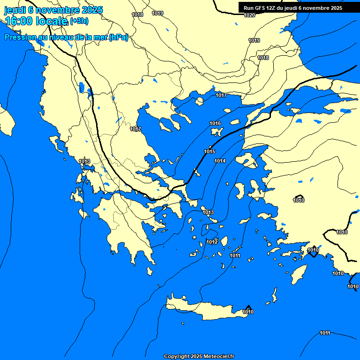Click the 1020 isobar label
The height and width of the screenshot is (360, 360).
click(249, 15)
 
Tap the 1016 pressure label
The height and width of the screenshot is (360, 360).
click(215, 123)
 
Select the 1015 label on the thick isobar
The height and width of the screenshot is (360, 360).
click(210, 151)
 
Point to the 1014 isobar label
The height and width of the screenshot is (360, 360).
click(220, 161)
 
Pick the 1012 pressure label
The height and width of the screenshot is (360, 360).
click(212, 242)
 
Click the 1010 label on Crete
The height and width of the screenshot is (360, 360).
click(248, 312)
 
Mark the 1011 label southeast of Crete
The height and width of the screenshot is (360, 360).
click(325, 333)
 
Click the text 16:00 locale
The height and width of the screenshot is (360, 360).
click(37, 21)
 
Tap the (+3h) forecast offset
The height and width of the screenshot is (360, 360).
click(79, 21)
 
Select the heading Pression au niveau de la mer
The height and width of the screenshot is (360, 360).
click(66, 38)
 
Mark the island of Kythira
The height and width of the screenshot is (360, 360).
click(150, 271)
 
